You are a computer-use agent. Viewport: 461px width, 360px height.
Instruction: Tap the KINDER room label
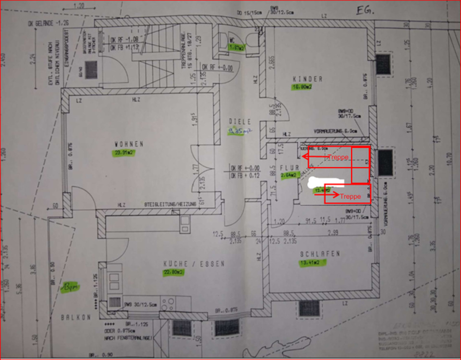307,79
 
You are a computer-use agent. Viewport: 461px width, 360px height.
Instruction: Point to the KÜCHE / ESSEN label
194,264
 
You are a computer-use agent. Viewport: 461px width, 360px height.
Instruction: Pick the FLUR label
290,167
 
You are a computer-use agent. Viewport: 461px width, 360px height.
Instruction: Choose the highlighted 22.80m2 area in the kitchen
173,272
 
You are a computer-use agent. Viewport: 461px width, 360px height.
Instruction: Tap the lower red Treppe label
350,196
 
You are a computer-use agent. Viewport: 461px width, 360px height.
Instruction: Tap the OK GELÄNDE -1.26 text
47,22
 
